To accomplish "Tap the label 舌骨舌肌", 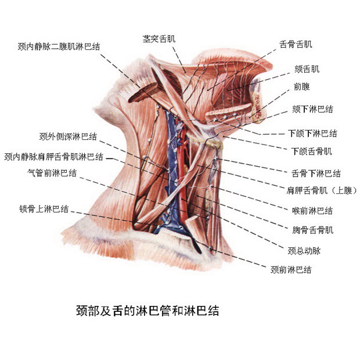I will tap(296, 44).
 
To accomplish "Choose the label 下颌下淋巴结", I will tap(312, 133).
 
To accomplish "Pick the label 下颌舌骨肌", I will tap(311, 152).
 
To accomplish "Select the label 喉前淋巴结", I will tap(312, 210).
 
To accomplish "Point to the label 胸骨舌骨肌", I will tap(312, 230).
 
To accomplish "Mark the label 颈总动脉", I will tap(304, 251).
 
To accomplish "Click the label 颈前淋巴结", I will tap(291, 270).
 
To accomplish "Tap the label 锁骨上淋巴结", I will tap(44, 209).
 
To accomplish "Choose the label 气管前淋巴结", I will tap(52, 172).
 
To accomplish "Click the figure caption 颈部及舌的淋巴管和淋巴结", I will tap(147, 311).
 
